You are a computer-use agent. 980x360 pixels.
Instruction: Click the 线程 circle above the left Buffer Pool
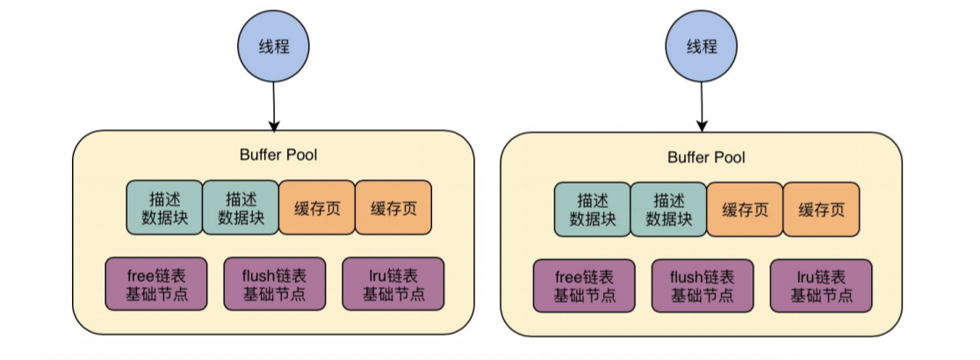pos(275,46)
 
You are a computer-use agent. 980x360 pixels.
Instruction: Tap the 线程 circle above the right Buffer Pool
pos(703,46)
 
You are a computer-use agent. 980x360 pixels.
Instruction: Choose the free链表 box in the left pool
pos(155,284)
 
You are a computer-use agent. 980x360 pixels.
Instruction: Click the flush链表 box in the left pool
pos(275,284)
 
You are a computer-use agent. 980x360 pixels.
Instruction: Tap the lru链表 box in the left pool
pos(393,284)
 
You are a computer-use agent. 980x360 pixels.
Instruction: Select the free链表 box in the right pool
pos(583,285)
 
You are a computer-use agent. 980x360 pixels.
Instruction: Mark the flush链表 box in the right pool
pos(703,285)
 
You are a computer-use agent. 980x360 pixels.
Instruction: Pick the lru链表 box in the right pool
pos(821,285)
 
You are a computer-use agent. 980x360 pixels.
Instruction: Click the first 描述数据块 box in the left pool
pos(164,208)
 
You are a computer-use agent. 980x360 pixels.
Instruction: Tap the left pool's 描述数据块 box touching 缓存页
pos(241,208)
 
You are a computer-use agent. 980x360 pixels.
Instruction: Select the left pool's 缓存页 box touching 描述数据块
pos(317,208)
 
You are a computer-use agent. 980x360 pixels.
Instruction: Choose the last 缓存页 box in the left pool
pos(393,208)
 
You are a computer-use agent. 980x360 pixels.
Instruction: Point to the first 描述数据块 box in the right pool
pos(592,210)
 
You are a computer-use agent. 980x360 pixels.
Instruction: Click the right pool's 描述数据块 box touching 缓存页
pos(668,210)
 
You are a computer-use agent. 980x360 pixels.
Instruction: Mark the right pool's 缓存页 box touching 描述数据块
pos(745,210)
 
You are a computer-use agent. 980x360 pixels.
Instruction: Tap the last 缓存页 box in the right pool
pos(820,210)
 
